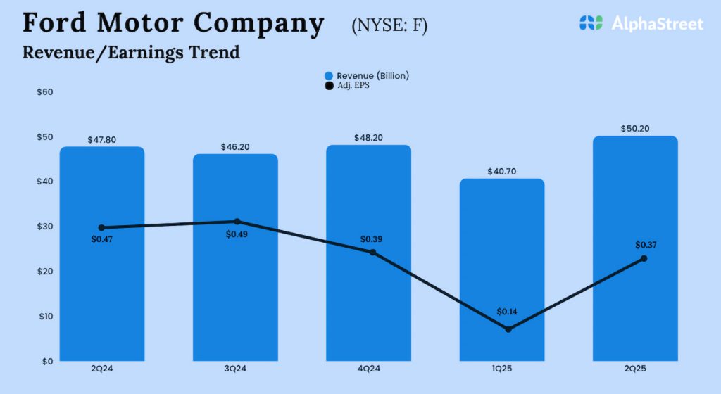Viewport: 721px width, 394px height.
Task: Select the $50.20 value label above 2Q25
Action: (635, 129)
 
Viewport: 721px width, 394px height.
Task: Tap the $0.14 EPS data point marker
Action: (508, 329)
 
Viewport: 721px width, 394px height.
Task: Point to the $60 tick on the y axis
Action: (46, 92)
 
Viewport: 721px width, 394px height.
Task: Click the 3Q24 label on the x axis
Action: (235, 367)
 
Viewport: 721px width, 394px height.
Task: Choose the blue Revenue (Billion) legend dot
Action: (329, 75)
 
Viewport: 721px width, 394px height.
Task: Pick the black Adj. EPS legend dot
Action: (329, 86)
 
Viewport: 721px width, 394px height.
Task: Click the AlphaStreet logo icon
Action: (591, 23)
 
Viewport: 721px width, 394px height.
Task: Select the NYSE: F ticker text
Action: (389, 26)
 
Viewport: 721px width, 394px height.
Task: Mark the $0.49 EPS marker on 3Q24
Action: (237, 222)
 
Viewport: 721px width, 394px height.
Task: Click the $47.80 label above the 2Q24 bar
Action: (102, 140)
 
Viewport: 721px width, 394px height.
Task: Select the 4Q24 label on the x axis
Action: (368, 367)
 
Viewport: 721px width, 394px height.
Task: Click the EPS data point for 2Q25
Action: (644, 259)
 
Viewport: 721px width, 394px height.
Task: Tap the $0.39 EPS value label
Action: (372, 239)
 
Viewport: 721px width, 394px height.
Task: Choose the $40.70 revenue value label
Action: (502, 172)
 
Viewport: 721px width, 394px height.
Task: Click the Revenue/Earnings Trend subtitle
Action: (131, 52)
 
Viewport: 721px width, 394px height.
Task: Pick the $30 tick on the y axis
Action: (46, 227)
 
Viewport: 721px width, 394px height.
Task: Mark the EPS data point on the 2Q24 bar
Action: (102, 227)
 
